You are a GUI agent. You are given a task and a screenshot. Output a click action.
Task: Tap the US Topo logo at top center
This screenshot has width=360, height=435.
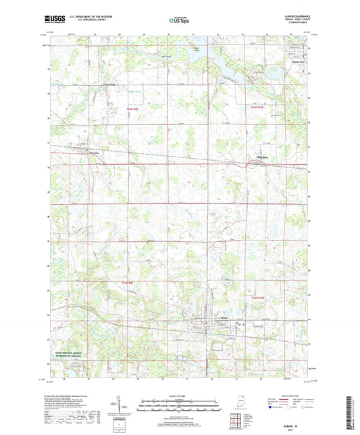click(x=179, y=20)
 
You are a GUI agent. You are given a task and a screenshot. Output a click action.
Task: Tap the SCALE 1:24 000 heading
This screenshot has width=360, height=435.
click(x=180, y=396)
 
